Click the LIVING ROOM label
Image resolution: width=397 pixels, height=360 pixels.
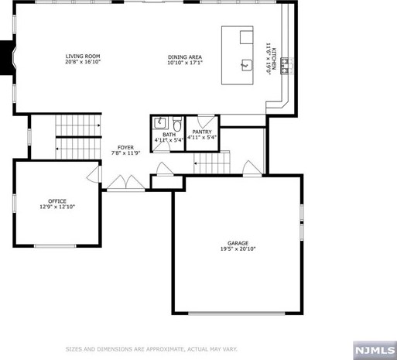(x=82, y=57)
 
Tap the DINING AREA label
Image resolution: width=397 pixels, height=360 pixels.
(x=185, y=57)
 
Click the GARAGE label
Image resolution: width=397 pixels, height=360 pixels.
(x=238, y=242)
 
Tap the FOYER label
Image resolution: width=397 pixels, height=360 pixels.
(x=125, y=147)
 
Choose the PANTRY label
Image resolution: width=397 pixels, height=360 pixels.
(x=202, y=132)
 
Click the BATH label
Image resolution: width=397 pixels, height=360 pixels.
(x=169, y=135)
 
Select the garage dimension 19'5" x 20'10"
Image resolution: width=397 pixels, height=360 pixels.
(x=238, y=249)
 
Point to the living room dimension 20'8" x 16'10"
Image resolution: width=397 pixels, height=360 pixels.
(x=82, y=63)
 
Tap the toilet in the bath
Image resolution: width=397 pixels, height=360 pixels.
(x=177, y=123)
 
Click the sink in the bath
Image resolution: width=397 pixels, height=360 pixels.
(x=159, y=122)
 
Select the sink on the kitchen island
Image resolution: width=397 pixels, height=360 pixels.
(x=247, y=65)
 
